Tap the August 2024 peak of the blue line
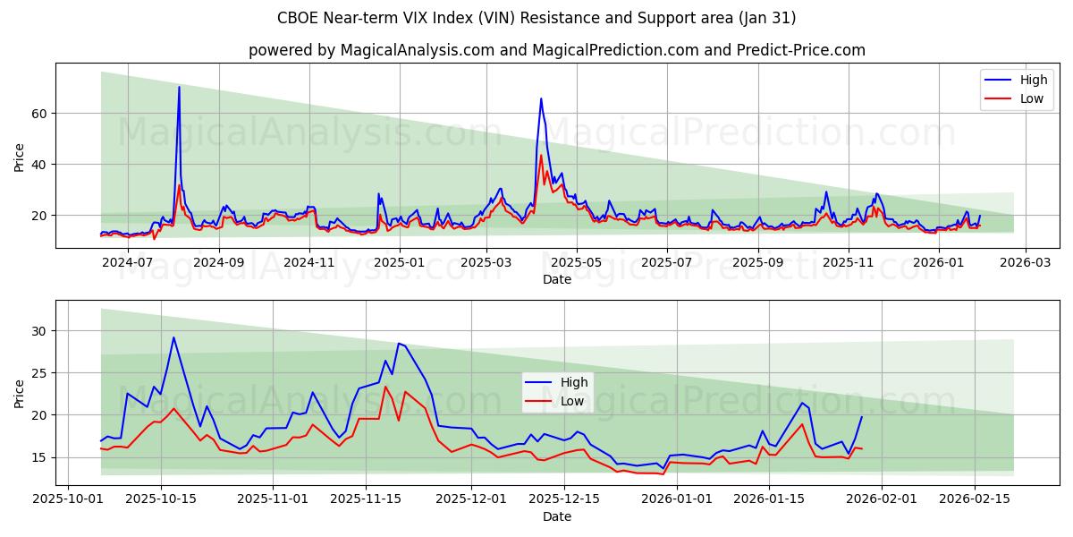point(179,87)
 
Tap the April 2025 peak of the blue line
point(541,98)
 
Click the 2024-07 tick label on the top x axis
point(128,262)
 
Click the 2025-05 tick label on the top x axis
point(576,262)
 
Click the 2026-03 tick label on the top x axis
point(1025,262)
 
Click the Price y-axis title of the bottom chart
point(20,393)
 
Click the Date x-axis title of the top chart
point(556,279)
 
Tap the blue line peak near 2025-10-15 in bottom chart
point(173,337)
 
